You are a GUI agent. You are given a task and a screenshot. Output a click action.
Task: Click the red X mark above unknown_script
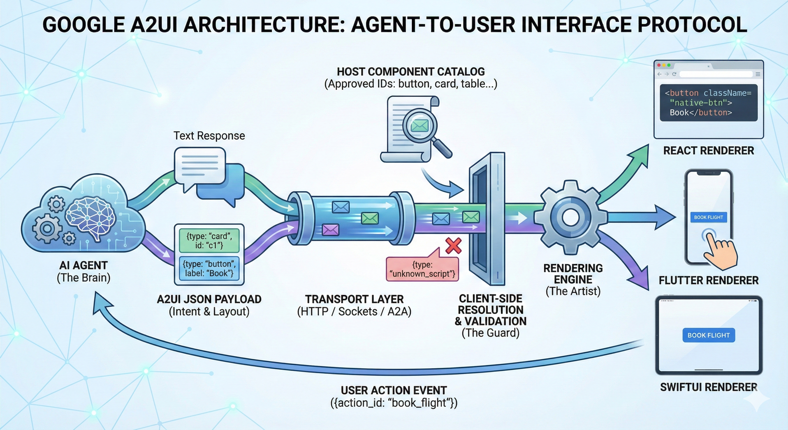click(x=453, y=246)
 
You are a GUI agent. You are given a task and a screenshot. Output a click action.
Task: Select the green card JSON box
click(x=209, y=240)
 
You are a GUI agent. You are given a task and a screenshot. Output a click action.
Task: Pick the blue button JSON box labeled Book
click(x=209, y=268)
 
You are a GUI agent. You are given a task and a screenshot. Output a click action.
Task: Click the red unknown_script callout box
click(x=423, y=269)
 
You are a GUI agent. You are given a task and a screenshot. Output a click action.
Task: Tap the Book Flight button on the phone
click(x=708, y=217)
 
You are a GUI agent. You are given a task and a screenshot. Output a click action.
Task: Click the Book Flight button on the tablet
click(x=709, y=335)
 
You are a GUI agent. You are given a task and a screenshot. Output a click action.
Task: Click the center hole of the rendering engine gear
click(x=571, y=218)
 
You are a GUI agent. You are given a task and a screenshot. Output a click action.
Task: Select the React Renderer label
click(x=708, y=151)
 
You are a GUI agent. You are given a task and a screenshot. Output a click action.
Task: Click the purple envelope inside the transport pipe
click(x=330, y=230)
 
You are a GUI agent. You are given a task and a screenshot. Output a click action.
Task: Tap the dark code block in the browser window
click(x=708, y=103)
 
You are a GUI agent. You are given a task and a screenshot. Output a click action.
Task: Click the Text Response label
click(x=209, y=135)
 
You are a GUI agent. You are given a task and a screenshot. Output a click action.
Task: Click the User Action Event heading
click(x=394, y=390)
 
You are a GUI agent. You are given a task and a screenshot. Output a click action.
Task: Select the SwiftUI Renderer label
click(x=708, y=387)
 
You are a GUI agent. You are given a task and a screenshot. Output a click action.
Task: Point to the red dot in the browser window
click(x=659, y=65)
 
